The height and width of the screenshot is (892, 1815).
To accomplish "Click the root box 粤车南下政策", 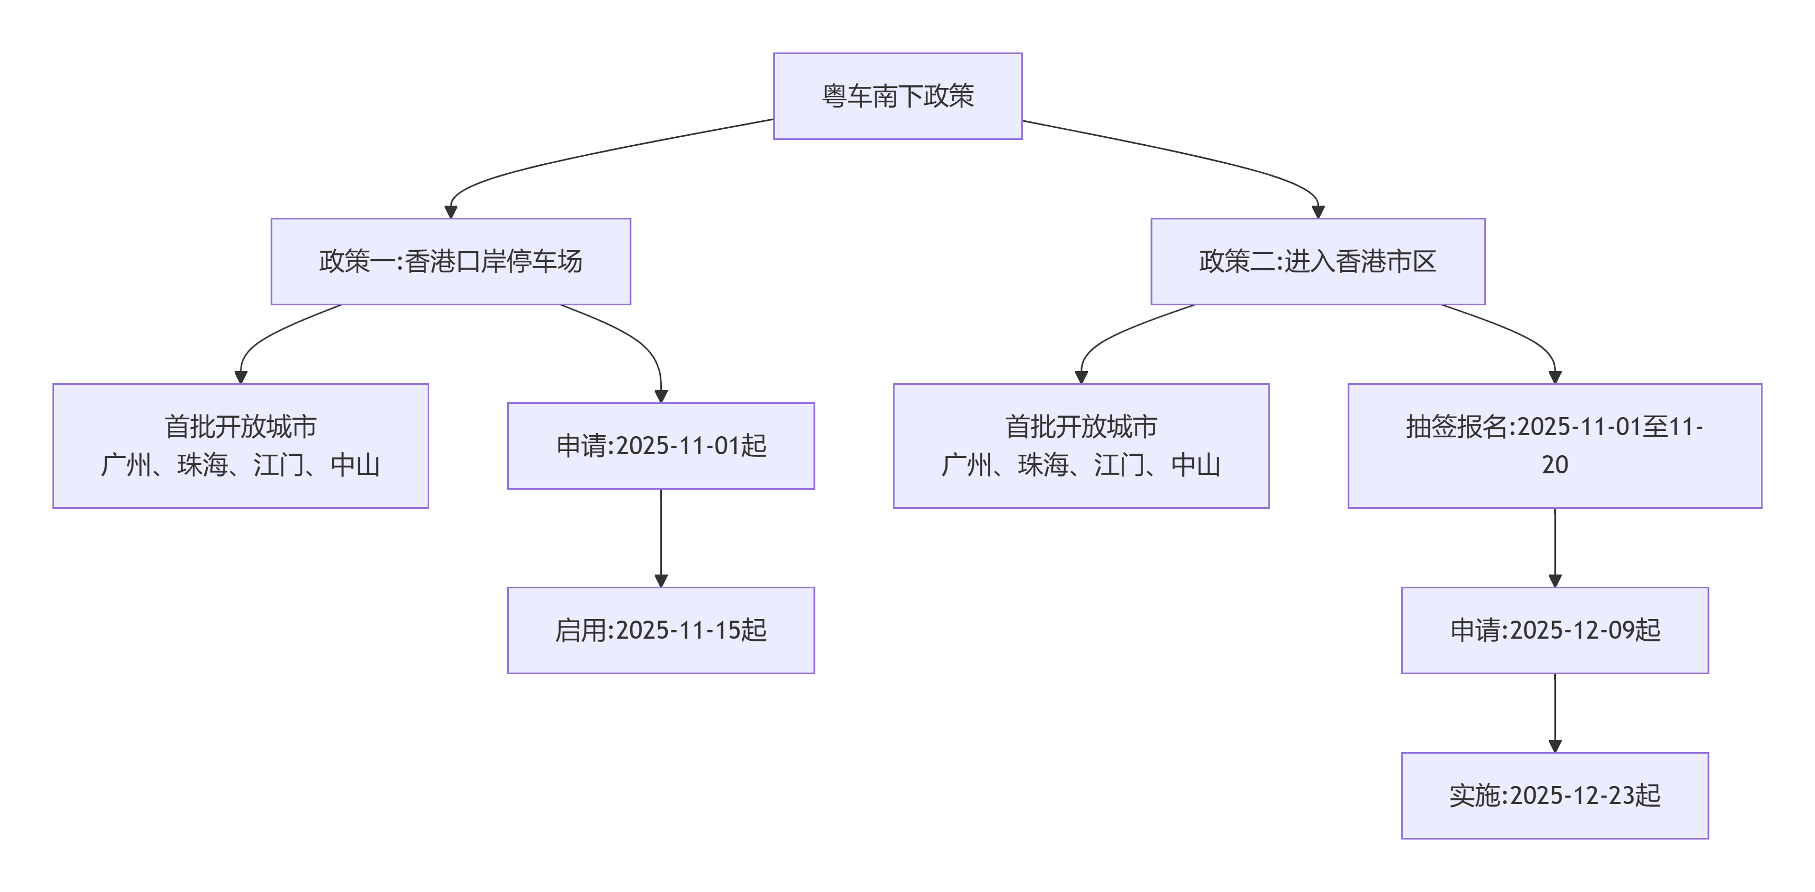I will point(897,96).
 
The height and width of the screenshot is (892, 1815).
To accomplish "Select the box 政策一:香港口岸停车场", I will point(450,261).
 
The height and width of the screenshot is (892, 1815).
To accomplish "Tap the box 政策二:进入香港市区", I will point(1317,261).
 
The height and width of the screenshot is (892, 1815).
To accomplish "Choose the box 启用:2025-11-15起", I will point(660,630).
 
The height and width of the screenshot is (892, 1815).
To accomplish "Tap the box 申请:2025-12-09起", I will point(1554,630).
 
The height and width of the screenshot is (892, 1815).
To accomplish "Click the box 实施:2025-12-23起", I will point(1554,795).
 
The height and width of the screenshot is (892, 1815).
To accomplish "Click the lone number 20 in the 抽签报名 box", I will point(1554,465).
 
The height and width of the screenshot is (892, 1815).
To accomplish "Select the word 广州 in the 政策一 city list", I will point(126,465).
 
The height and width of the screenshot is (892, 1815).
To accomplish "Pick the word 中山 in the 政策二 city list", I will point(1195,465).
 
